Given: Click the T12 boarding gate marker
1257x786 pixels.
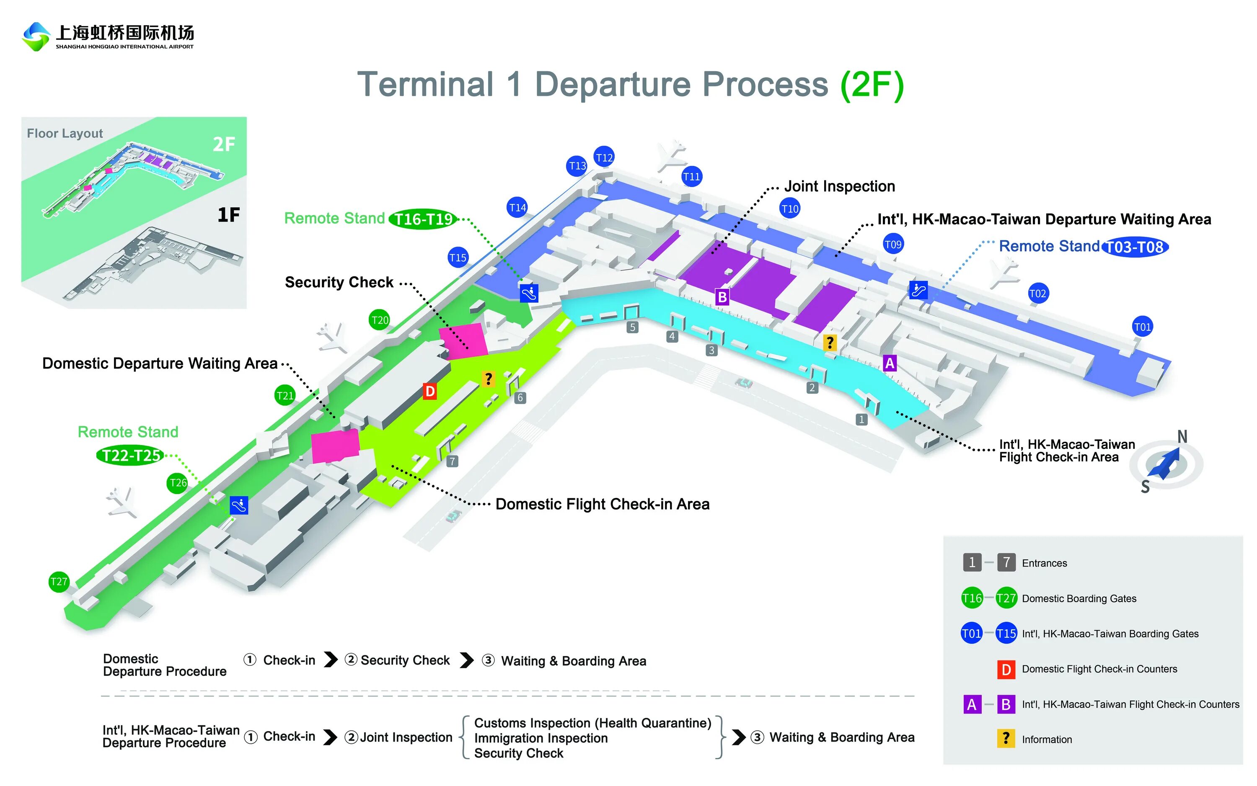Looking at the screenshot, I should (x=604, y=157).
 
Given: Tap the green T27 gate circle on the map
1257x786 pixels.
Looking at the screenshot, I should (x=59, y=581).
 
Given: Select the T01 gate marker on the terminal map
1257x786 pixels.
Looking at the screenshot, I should (x=1142, y=327).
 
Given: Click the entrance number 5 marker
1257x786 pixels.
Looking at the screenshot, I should (x=632, y=327).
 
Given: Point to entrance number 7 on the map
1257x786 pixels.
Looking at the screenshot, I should (x=453, y=461).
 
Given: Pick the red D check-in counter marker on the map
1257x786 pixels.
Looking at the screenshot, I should (x=429, y=391).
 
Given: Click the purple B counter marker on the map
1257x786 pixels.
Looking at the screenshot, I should (x=722, y=297).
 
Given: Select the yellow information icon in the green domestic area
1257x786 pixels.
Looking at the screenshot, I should (x=488, y=379).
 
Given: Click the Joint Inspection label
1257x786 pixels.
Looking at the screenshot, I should (x=839, y=186).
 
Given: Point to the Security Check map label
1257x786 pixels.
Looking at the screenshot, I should (x=339, y=282).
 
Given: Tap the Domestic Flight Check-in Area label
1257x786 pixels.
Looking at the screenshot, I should (x=602, y=504).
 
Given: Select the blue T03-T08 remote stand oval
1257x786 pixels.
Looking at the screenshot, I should (x=1134, y=247).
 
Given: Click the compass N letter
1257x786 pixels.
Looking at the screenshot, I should (x=1182, y=437).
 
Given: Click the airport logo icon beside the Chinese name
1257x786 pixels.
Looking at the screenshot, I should (x=36, y=36).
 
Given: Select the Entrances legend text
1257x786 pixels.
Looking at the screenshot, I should (x=1044, y=563).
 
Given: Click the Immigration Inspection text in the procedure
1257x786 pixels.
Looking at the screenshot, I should (x=541, y=738).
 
